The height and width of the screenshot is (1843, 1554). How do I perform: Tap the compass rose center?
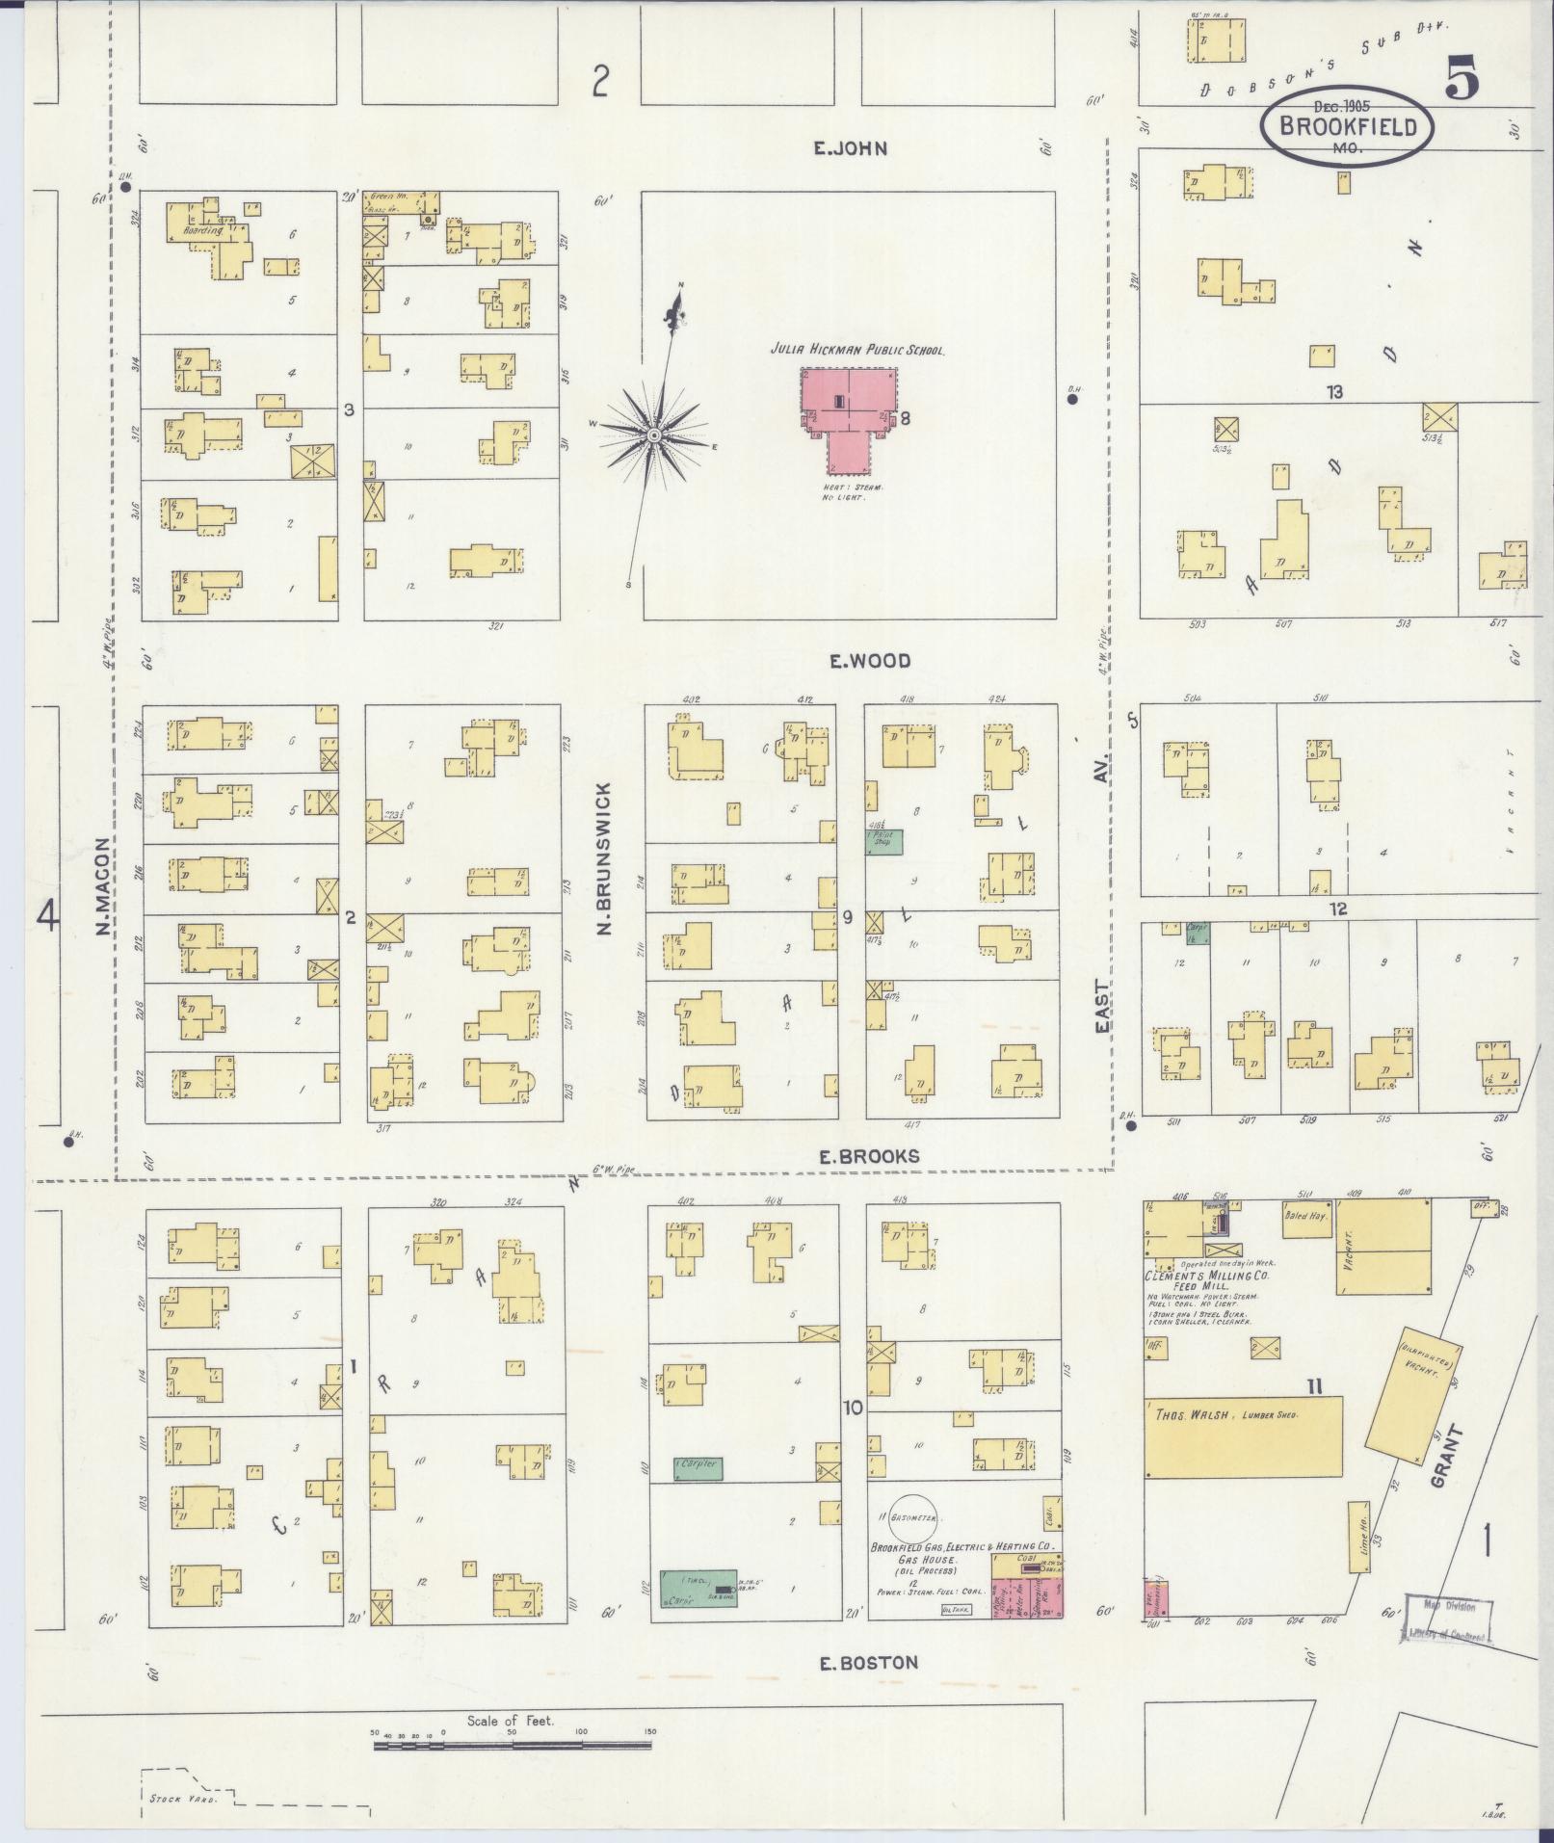[x=654, y=437]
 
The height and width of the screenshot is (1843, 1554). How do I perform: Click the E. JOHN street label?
[x=848, y=148]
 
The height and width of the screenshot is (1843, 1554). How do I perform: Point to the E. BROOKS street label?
[x=869, y=1156]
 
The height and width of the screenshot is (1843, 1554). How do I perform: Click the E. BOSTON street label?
[x=868, y=1662]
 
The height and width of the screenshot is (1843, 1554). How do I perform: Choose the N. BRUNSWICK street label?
[x=605, y=873]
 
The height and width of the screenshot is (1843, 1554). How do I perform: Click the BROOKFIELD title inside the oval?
[x=1348, y=126]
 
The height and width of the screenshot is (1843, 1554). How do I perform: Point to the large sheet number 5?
[x=1462, y=79]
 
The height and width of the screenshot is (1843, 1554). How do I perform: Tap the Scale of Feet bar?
[x=512, y=1745]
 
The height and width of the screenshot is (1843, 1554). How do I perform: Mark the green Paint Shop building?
[x=883, y=840]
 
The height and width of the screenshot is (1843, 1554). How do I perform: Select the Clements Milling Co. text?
[x=1205, y=1275]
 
